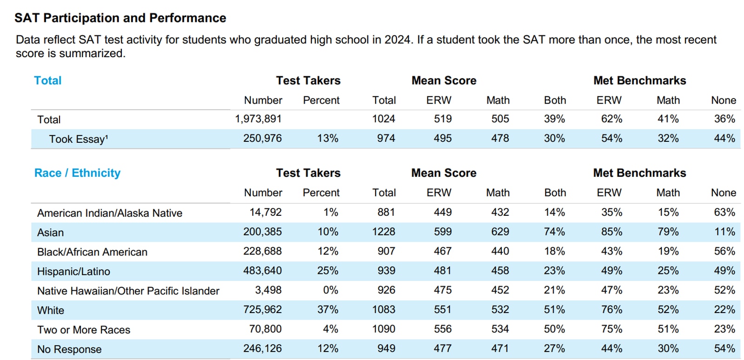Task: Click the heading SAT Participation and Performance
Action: pyautogui.click(x=120, y=18)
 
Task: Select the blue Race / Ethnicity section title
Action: pyautogui.click(x=77, y=173)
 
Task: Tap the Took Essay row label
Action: pyautogui.click(x=79, y=139)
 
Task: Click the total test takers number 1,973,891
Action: pyautogui.click(x=258, y=119)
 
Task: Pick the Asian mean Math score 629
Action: pyautogui.click(x=500, y=232)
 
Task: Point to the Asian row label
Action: pyautogui.click(x=51, y=233)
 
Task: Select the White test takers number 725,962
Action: pyautogui.click(x=262, y=310)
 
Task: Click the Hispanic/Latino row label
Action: pyautogui.click(x=73, y=271)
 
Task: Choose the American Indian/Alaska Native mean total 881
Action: pyautogui.click(x=386, y=213)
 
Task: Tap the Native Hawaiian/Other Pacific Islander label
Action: pyautogui.click(x=128, y=291)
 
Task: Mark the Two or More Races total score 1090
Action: pyautogui.click(x=384, y=329)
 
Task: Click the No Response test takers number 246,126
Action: pyautogui.click(x=262, y=348)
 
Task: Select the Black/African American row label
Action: pyautogui.click(x=92, y=252)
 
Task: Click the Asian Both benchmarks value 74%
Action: pyautogui.click(x=554, y=232)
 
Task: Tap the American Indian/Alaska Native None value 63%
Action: pyautogui.click(x=724, y=213)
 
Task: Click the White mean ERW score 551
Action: pyautogui.click(x=442, y=310)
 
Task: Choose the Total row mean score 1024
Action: pyautogui.click(x=384, y=119)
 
